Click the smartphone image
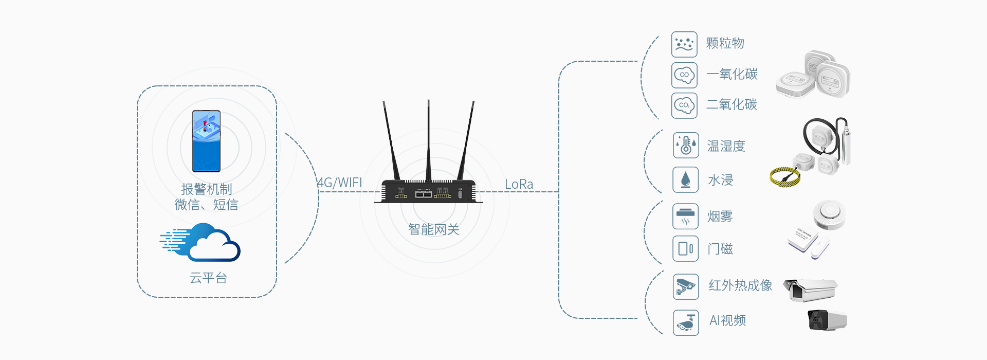[x=206, y=141]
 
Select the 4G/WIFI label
[x=340, y=183]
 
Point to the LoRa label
[x=519, y=184]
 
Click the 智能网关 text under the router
[x=433, y=229]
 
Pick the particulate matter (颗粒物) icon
[x=684, y=44]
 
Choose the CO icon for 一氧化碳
[x=684, y=75]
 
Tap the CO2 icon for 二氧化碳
[x=684, y=105]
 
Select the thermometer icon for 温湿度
[x=686, y=146]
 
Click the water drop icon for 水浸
[x=686, y=179]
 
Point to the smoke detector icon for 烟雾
[x=686, y=216]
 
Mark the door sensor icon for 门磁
[x=686, y=249]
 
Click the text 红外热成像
[x=740, y=285]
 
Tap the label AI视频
[x=727, y=320]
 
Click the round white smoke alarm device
[x=829, y=214]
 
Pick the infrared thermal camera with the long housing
[x=810, y=290]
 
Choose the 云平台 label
[x=208, y=278]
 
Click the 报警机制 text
[x=207, y=189]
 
